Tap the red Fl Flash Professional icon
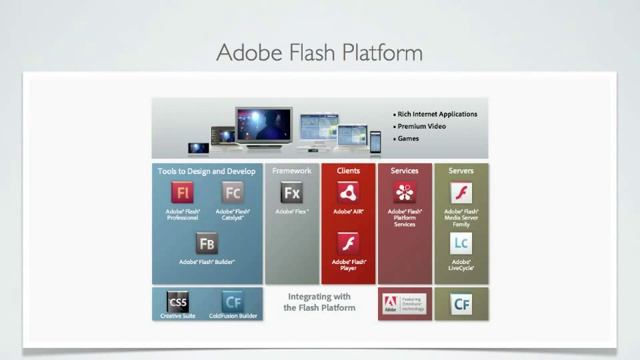pos(182,193)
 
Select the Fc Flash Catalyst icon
pos(233,193)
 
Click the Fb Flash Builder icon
pos(207,243)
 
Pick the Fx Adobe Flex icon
pos(292,193)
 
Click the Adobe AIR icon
pos(348,193)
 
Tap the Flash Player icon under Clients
pos(348,243)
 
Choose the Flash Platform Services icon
pos(404,193)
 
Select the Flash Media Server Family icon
pos(461,193)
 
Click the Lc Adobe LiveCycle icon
pos(461,243)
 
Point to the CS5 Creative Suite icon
pos(178,302)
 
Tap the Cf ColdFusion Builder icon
pos(233,302)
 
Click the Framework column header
pos(292,171)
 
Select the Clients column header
pos(348,171)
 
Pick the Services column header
pos(404,171)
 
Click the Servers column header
pos(461,171)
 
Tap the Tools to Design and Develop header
pos(207,171)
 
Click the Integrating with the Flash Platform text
pos(320,302)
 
